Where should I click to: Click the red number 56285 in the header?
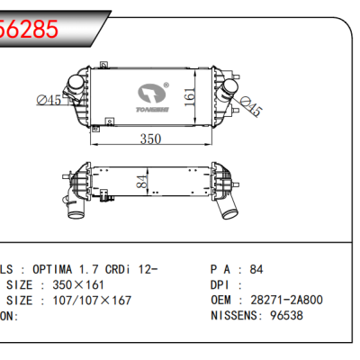[29, 27]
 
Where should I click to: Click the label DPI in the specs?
[222, 284]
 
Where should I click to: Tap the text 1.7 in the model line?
[93, 268]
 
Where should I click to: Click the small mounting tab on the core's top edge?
[103, 65]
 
